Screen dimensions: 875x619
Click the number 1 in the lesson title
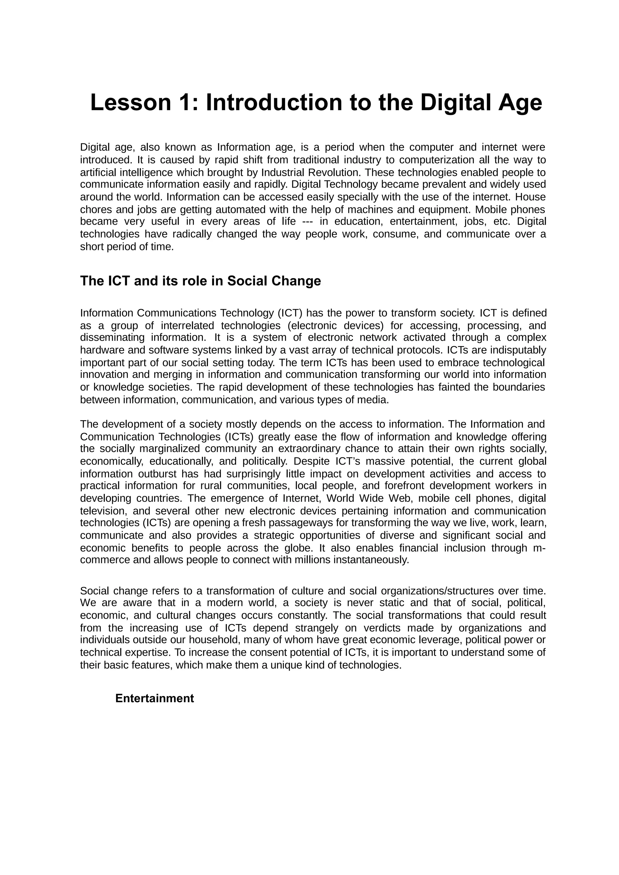point(188,103)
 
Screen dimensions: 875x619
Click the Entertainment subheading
point(154,698)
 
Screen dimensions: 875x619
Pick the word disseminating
point(112,338)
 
